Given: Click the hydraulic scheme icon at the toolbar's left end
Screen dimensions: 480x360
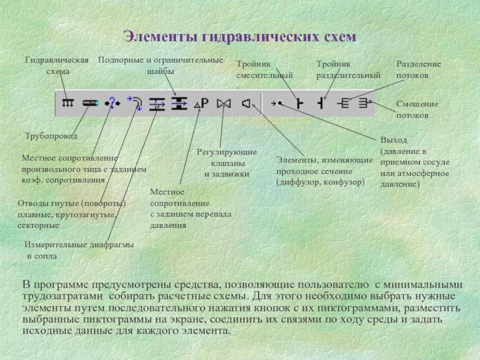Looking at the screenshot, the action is (x=68, y=103).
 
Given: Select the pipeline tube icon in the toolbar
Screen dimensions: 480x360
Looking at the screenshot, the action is (x=90, y=103).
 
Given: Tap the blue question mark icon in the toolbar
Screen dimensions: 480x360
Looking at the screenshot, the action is (x=112, y=103).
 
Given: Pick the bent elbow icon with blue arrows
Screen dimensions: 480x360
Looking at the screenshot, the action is (x=135, y=103).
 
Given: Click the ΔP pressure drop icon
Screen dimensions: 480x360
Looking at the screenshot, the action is (x=202, y=103).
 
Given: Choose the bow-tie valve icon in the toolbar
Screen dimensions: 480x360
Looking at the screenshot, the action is (x=224, y=103).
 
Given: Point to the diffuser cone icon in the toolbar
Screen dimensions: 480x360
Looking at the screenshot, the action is (x=246, y=103).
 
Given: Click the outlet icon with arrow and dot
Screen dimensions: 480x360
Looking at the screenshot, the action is (x=277, y=103).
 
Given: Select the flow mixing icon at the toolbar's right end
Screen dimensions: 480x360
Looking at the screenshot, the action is (x=362, y=103).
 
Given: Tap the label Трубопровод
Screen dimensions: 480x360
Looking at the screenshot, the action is (x=51, y=136).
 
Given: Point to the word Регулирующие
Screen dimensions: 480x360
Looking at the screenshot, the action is (x=227, y=152).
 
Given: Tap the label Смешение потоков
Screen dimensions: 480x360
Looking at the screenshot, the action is (x=416, y=109).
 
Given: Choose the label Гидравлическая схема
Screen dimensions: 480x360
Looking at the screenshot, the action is (x=58, y=65).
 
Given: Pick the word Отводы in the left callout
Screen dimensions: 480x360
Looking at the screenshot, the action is (x=34, y=203).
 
